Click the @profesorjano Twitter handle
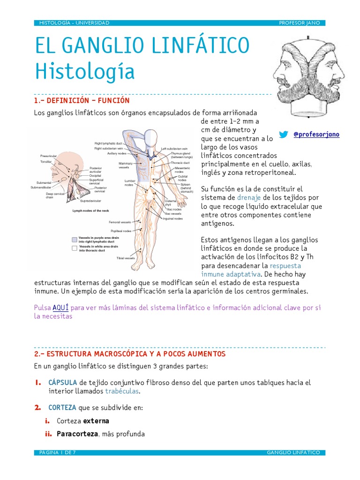(x=316, y=135)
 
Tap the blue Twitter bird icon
(x=284, y=135)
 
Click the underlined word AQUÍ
(x=60, y=307)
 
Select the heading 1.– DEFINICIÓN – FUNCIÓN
(x=82, y=101)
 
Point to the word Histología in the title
(x=85, y=72)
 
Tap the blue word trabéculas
(x=122, y=391)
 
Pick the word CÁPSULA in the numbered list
(x=63, y=382)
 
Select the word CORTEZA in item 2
(x=62, y=408)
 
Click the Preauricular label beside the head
(x=49, y=155)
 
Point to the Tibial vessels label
(x=126, y=258)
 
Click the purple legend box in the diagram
(x=74, y=239)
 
